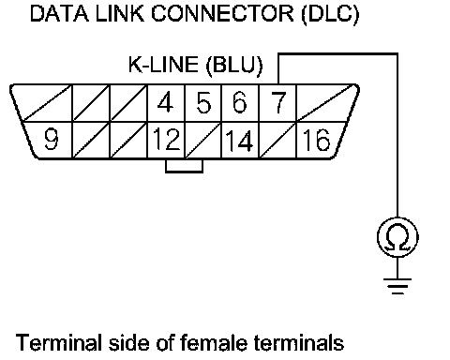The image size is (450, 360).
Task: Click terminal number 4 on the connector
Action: (166, 103)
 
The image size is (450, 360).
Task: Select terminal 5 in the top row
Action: (203, 103)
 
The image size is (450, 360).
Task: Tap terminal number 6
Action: (240, 102)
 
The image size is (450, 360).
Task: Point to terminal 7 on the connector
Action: (278, 102)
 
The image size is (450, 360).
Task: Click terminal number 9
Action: (52, 140)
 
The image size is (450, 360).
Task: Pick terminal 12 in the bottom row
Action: (167, 140)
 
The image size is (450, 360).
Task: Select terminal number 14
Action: (239, 141)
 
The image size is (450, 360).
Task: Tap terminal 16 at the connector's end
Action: (316, 140)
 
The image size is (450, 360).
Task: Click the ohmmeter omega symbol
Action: (397, 237)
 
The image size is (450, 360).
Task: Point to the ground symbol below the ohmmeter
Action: (397, 286)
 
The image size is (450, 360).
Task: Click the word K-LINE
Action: (163, 65)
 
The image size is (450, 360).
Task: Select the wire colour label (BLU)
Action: (234, 66)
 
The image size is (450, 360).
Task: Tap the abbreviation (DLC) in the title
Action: (331, 14)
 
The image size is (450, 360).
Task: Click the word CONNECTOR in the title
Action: (222, 13)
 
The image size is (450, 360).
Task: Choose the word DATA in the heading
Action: (59, 13)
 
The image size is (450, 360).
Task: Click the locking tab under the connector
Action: (185, 166)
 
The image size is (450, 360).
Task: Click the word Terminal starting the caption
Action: (59, 342)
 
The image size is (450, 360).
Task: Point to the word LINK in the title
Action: (120, 13)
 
